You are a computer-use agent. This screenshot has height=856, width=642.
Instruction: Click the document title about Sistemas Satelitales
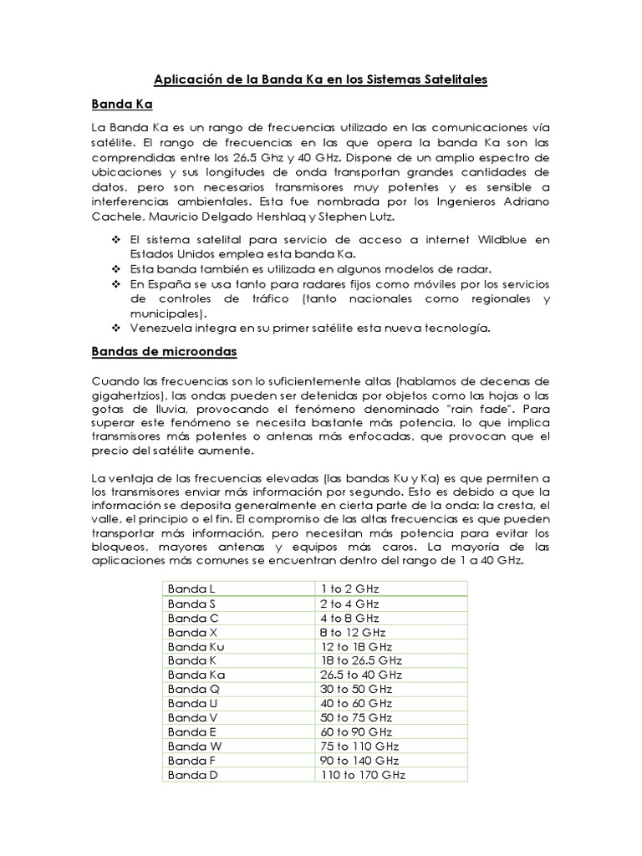point(320,79)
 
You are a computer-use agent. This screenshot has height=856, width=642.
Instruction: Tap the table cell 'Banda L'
point(191,589)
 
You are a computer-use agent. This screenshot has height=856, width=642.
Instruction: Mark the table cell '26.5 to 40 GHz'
point(361,675)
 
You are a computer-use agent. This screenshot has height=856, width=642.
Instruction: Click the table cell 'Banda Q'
point(192,689)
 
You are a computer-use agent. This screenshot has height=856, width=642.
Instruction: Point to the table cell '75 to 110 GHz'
point(360,746)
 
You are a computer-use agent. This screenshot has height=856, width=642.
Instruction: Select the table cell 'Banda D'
point(192,775)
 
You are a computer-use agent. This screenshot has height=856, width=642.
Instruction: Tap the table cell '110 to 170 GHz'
point(364,775)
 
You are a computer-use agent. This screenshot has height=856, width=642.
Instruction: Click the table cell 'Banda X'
point(192,632)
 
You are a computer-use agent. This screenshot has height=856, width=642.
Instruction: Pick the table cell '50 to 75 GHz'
point(357,717)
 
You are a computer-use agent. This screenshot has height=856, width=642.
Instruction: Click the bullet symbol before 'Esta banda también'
point(115,269)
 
